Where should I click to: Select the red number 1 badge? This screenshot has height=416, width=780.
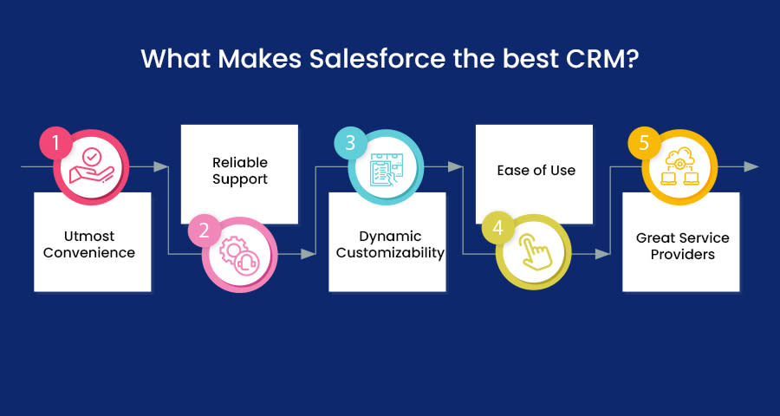[x=55, y=143]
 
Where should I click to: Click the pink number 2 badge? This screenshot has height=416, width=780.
[x=204, y=231]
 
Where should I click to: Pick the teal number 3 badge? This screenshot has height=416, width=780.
[x=350, y=143]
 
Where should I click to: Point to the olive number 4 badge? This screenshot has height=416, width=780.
[x=498, y=229]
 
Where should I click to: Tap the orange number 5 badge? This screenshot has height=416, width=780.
[x=644, y=143]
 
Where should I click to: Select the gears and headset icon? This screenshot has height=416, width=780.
[x=239, y=254]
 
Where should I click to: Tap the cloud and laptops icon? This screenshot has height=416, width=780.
[x=679, y=166]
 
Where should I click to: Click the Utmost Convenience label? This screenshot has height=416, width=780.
[x=89, y=244]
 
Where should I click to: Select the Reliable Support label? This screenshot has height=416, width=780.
[x=240, y=171]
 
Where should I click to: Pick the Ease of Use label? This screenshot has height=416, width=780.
[x=536, y=170]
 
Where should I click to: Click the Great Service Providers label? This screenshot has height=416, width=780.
[x=683, y=246]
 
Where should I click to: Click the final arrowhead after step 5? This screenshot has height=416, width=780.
[x=751, y=166]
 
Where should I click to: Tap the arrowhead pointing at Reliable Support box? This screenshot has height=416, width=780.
[x=161, y=166]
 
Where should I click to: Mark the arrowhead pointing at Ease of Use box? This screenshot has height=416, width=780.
[x=456, y=166]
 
